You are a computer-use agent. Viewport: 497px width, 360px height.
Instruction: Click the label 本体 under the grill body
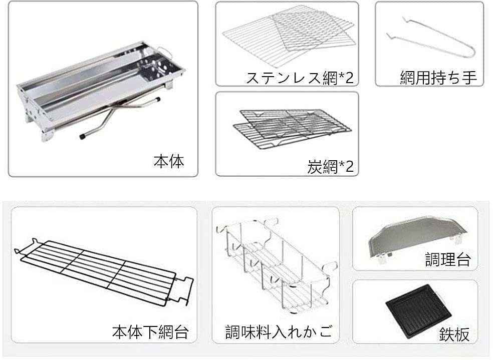point(168,161)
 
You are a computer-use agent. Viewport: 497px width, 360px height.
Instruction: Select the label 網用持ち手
point(438,78)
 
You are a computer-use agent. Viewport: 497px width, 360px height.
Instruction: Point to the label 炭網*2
point(330,166)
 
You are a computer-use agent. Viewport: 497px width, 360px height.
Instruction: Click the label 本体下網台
point(150,331)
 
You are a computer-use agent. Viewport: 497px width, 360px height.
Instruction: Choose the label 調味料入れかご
point(279,331)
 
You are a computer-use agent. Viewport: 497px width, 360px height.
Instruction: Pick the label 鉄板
point(455,334)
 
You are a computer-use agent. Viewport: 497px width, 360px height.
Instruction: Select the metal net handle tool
point(431,40)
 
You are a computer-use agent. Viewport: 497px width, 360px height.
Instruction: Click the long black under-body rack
point(100,270)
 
